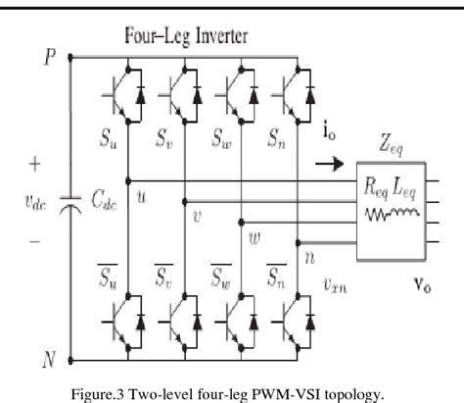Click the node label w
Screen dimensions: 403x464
tap(255, 235)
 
